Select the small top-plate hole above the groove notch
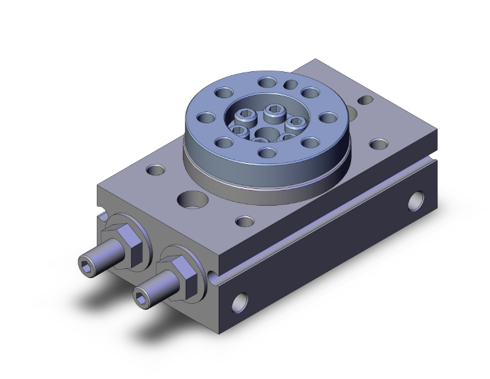pos(244,221)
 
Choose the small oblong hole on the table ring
pos(290,84)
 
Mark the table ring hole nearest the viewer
pos(266,154)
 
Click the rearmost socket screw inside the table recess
pos(274,109)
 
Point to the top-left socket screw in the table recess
pos(246,118)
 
